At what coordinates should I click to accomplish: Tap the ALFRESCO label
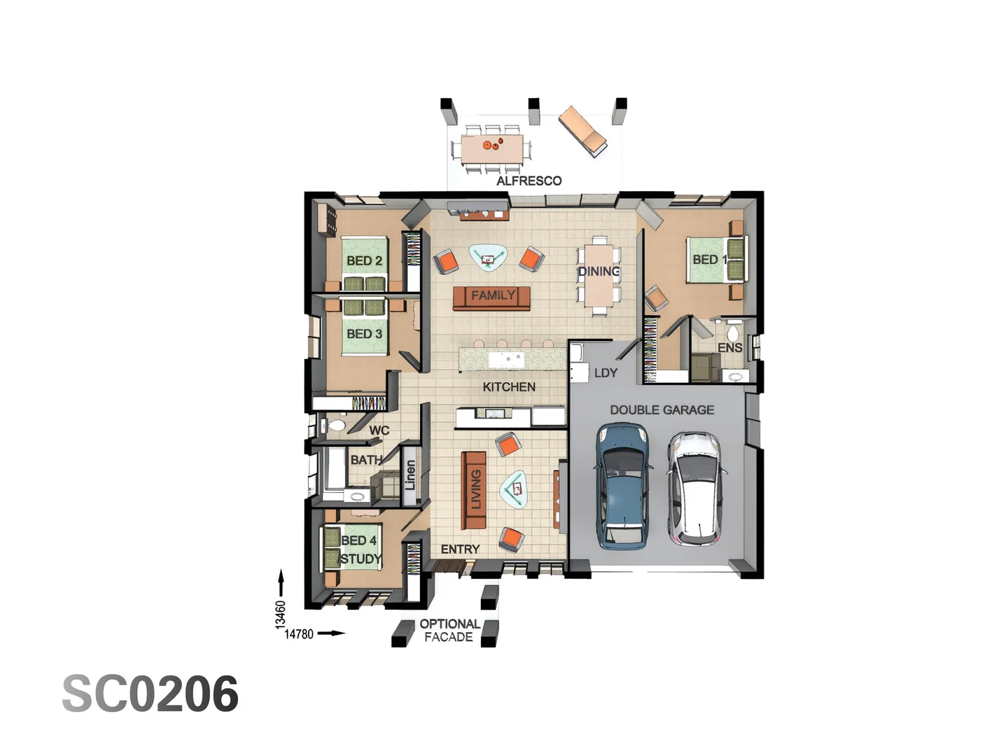click(528, 181)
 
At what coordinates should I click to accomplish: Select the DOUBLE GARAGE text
click(661, 409)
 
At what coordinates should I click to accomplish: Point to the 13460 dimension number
click(281, 614)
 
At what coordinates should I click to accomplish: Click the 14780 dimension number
click(299, 634)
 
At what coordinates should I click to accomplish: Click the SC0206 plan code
click(150, 694)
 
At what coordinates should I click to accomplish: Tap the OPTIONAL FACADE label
click(449, 630)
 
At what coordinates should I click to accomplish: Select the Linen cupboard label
click(411, 475)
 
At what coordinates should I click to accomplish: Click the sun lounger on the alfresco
click(582, 131)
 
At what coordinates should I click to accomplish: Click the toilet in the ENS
click(733, 332)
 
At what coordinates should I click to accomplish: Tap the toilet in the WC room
click(336, 425)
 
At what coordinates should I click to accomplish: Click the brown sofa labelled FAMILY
click(491, 297)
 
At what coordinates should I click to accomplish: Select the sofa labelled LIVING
click(474, 490)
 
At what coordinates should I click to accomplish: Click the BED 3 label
click(364, 334)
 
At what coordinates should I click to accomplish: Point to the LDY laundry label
click(605, 373)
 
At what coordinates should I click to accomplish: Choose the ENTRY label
click(460, 549)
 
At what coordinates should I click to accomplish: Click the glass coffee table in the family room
click(488, 257)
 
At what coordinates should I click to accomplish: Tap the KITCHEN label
click(509, 386)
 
